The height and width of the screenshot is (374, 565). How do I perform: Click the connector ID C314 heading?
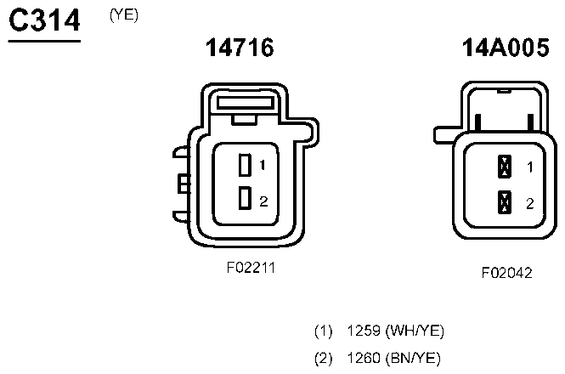pyautogui.click(x=44, y=20)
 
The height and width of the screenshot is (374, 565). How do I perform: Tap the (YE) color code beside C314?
pyautogui.click(x=124, y=15)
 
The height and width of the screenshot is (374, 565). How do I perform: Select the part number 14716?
pyautogui.click(x=240, y=48)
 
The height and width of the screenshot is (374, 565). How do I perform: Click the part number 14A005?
pyautogui.click(x=506, y=48)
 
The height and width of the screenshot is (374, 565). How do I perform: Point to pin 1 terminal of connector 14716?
pyautogui.click(x=245, y=165)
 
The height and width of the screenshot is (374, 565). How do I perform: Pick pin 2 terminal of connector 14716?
pyautogui.click(x=245, y=198)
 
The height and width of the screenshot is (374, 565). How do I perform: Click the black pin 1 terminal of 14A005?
pyautogui.click(x=505, y=167)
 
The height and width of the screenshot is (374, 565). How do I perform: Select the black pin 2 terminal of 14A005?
pyautogui.click(x=505, y=202)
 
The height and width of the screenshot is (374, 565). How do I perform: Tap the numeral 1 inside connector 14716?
pyautogui.click(x=263, y=165)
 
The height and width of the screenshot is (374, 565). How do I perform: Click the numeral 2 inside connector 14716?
pyautogui.click(x=263, y=201)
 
